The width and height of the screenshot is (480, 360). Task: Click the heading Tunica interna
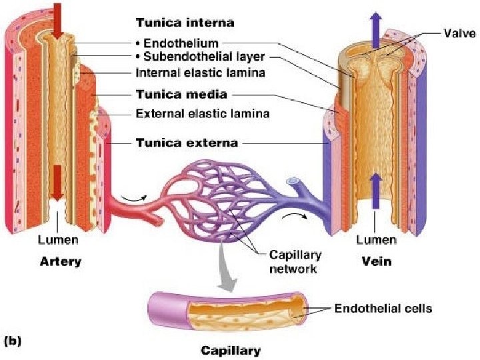point(185,23)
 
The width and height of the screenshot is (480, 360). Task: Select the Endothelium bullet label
point(176,43)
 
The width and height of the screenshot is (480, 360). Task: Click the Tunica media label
point(181,93)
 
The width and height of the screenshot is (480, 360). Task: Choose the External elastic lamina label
point(202,113)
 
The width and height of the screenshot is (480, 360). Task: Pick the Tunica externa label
point(187,142)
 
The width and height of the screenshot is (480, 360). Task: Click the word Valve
point(460,31)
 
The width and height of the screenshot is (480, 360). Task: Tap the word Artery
point(59,261)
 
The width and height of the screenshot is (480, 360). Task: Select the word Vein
point(377,261)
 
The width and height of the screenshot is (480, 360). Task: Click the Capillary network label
point(295,261)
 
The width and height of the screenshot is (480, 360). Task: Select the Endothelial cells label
point(383,309)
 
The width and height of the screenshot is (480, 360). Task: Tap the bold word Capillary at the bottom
point(231,350)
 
